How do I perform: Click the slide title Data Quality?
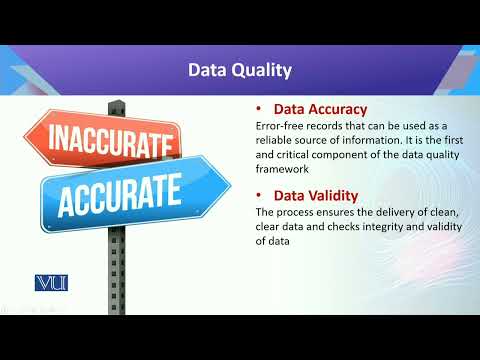240,71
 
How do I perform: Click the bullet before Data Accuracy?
260,109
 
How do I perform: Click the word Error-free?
277,127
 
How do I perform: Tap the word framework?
286,170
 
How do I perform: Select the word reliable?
276,141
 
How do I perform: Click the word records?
325,127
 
